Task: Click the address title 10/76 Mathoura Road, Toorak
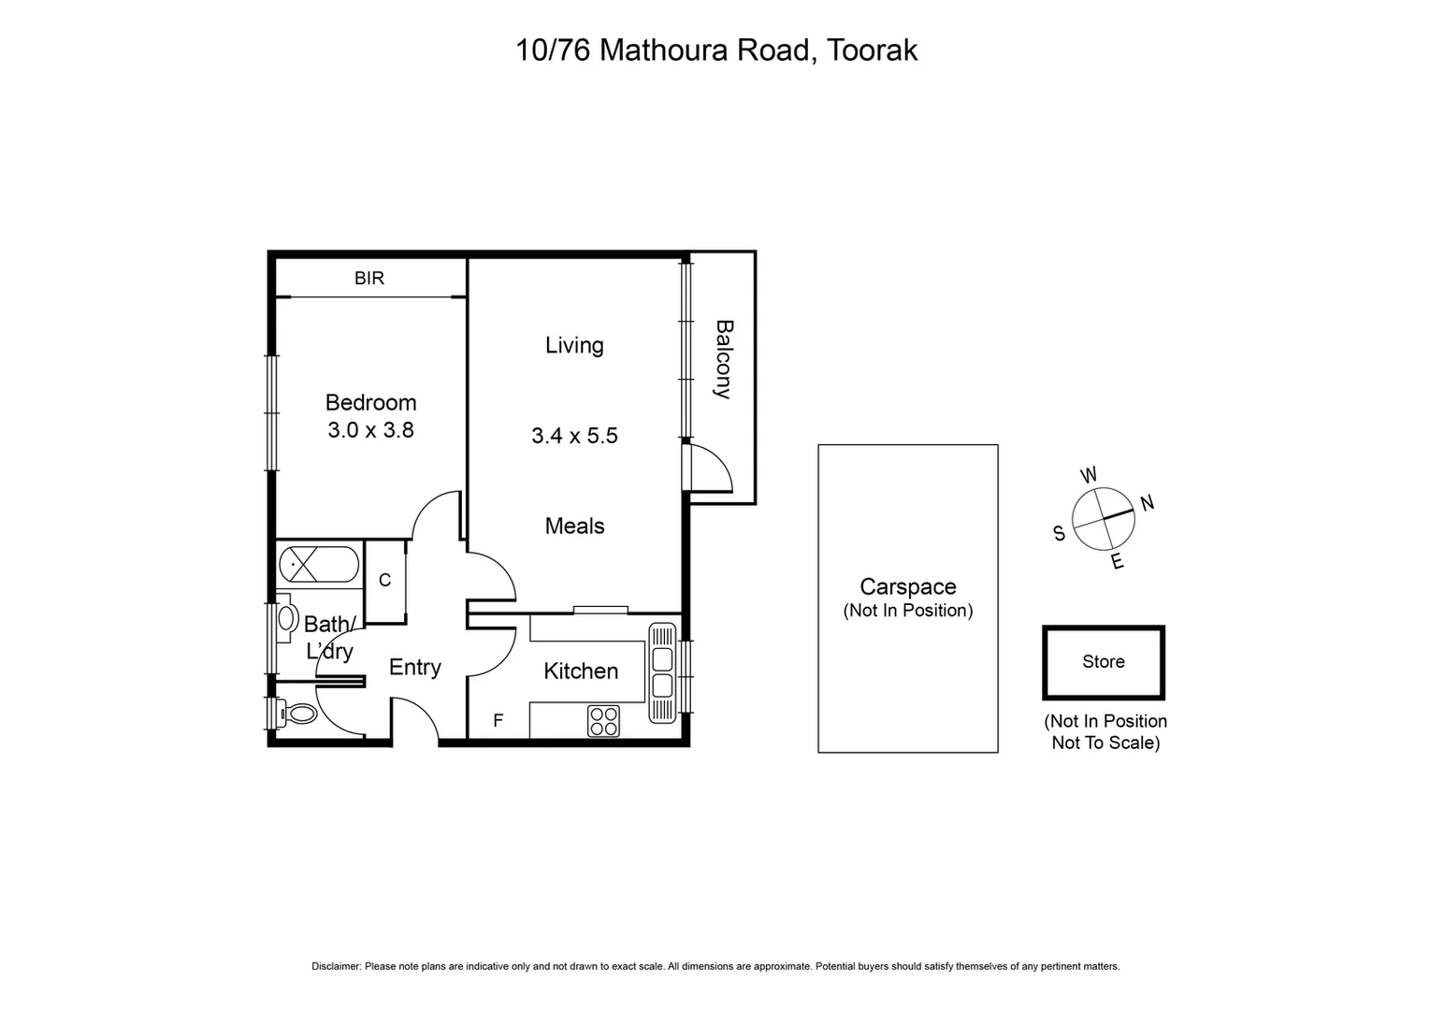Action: (715, 50)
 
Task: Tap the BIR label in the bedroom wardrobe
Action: (368, 278)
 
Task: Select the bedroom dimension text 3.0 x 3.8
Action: (370, 430)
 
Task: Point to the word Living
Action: (574, 345)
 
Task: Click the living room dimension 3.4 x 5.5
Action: (574, 436)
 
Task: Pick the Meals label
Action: (574, 527)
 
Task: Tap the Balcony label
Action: (723, 359)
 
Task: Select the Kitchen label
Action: (581, 671)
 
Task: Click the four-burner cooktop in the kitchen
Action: (603, 721)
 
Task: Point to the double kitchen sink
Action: (661, 672)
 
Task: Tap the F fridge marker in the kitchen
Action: (498, 720)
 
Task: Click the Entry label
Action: (414, 667)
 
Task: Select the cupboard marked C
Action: (384, 581)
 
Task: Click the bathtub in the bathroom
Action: (318, 565)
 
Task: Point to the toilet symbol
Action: (296, 714)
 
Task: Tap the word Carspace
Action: (907, 586)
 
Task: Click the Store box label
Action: (1103, 662)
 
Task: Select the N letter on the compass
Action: (1148, 503)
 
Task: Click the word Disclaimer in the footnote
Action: (336, 966)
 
